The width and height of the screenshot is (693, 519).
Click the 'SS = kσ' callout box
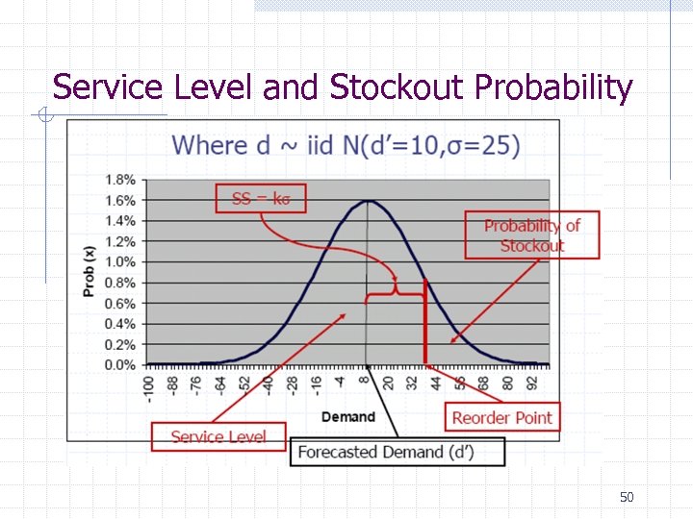[x=260, y=199]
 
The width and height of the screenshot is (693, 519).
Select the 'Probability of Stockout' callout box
[x=531, y=235]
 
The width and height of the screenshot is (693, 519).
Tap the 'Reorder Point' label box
[x=501, y=417]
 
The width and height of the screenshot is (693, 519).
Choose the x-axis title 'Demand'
[x=347, y=416]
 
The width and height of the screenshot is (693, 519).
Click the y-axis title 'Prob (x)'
[x=90, y=271]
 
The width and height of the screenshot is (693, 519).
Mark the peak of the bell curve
[x=367, y=201]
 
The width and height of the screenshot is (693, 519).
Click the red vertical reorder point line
[x=425, y=327]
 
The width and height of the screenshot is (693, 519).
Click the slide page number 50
[x=627, y=497]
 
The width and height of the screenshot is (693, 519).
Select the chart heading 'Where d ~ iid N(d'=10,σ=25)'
[x=346, y=146]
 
